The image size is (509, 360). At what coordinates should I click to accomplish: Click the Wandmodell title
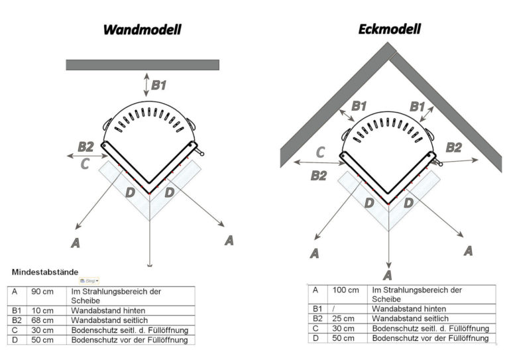142,29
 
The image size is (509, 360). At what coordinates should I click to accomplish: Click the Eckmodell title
389,29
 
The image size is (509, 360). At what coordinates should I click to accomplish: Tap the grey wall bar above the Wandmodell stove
142,64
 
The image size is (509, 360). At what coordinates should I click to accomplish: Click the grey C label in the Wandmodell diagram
85,164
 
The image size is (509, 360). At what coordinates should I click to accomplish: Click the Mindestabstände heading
45,272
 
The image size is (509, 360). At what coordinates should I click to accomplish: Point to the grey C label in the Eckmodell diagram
319,152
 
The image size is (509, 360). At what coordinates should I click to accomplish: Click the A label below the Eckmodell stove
387,274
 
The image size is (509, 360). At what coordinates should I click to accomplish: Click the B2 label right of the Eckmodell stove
453,147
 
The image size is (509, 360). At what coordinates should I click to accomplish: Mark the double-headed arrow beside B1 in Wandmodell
147,84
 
